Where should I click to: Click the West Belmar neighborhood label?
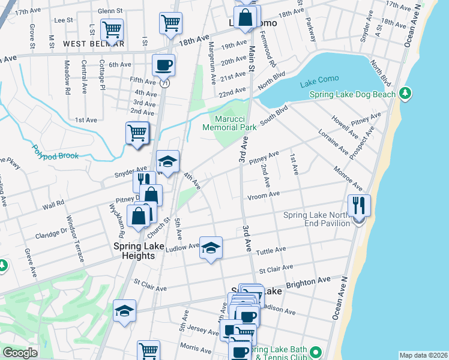click(x=94, y=44)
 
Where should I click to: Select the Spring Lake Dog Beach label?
click(x=352, y=94)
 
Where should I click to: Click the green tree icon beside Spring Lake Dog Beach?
click(x=406, y=93)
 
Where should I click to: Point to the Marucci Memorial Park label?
click(x=229, y=123)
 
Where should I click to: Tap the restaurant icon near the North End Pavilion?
click(x=359, y=205)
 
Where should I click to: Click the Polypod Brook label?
click(x=55, y=152)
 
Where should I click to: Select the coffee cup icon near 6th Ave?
click(x=163, y=65)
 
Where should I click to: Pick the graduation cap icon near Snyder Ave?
click(x=167, y=161)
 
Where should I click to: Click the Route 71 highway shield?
click(x=164, y=85)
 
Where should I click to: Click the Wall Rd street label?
click(x=53, y=205)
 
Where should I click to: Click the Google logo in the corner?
click(x=20, y=353)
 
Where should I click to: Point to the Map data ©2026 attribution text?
click(x=423, y=355)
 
